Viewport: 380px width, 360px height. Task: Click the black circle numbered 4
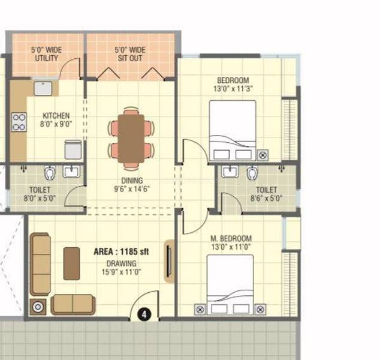144,313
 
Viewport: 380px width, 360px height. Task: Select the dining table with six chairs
131,139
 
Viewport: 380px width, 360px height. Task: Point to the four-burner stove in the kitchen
18,122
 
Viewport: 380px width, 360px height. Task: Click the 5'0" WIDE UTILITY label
45,55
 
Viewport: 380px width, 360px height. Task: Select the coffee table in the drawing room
72,263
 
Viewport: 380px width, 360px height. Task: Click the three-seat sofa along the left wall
41,264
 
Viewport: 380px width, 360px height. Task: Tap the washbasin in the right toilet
229,172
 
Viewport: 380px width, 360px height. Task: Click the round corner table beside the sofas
38,306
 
